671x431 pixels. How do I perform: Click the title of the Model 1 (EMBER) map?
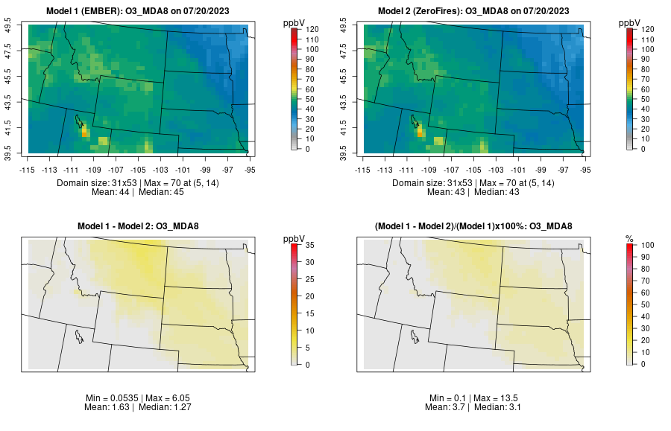(141, 11)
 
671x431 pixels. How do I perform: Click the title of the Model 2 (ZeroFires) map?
(476, 11)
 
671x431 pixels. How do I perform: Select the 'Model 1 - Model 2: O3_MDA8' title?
(141, 226)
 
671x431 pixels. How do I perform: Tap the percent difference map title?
(476, 226)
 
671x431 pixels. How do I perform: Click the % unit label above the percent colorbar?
(629, 239)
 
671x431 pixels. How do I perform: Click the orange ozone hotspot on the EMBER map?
(84, 131)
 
